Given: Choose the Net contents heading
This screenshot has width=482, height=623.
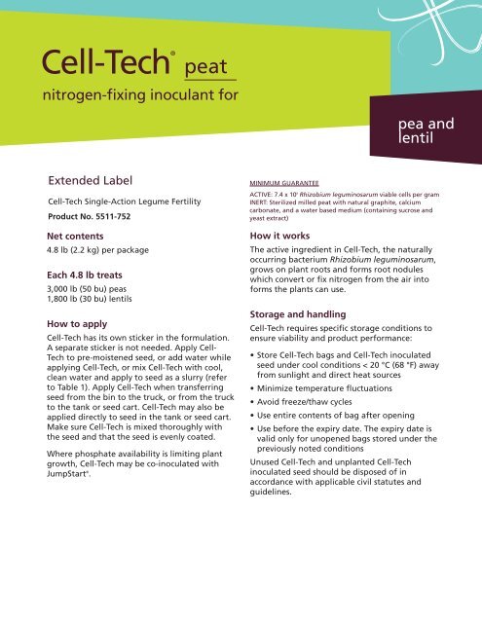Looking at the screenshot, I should [78, 237].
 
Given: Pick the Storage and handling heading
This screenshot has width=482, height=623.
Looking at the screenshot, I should [300, 315].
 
